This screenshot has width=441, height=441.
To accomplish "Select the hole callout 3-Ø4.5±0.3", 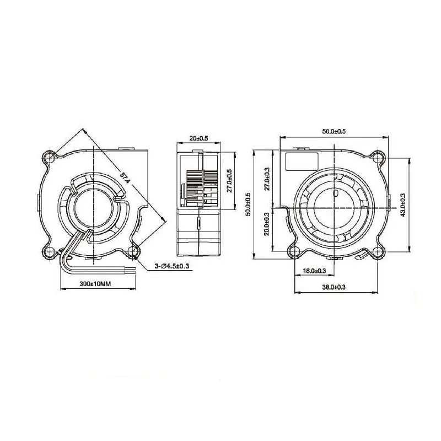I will click(172, 266).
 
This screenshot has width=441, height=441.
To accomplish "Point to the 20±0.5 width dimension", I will click(198, 138).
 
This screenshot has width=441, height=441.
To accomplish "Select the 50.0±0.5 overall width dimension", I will click(334, 131).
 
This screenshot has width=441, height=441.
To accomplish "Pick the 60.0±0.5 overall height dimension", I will click(249, 204).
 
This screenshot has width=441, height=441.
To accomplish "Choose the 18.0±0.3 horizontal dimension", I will click(315, 271).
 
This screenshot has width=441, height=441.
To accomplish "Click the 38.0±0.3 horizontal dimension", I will click(334, 287).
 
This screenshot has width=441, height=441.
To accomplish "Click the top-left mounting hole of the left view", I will click(51, 158).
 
